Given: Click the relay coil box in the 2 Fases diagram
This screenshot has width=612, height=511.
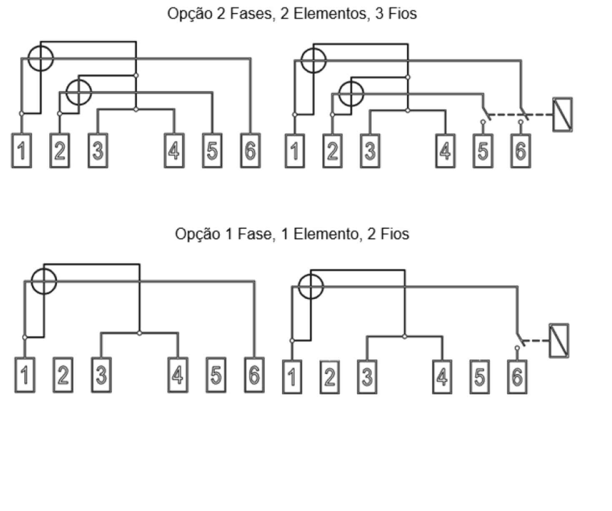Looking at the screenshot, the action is pos(562,115).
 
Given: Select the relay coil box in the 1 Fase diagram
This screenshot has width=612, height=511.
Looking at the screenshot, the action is pos(559,341).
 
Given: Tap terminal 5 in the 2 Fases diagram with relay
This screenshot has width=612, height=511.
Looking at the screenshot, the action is pos(483,151).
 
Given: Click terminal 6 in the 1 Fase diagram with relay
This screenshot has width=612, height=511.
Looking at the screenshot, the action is pos(517,377).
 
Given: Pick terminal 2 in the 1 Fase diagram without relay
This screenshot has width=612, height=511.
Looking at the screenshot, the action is pos(63,375).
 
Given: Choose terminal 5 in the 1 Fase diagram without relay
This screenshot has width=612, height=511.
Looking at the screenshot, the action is pos(216,375).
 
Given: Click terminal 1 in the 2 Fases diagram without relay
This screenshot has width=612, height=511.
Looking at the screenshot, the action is pos(22,151).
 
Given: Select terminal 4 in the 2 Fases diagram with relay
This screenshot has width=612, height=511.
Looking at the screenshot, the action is pos(445,151).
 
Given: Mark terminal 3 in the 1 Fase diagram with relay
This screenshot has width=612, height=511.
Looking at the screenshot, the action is pos(367,377).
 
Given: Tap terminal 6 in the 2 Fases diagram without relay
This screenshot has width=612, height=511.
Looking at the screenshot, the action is pos(250,151).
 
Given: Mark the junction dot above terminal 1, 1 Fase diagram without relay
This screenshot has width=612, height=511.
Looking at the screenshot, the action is pos(25,337).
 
